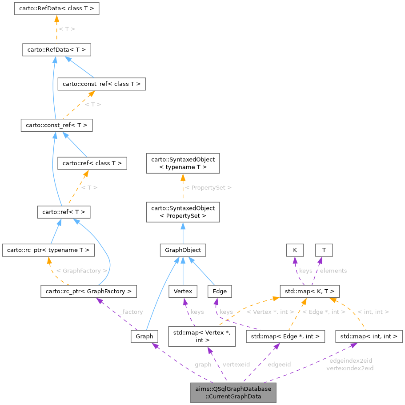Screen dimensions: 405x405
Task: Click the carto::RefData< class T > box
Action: click(56, 8)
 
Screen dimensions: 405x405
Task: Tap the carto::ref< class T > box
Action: click(92, 163)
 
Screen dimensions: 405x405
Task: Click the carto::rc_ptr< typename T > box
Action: click(48, 250)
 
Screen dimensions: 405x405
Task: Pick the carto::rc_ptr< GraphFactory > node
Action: click(88, 292)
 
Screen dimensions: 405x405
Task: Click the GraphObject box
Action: click(183, 250)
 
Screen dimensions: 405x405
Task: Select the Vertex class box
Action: click(183, 292)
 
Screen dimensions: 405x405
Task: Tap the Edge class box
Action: click(220, 292)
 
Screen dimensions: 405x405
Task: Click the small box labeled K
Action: click(294, 250)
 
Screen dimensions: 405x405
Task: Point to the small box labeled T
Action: click(324, 250)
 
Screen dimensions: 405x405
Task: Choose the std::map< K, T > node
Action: click(310, 292)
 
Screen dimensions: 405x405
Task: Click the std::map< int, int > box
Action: click(369, 336)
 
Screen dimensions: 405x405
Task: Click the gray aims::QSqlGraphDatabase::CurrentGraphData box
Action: click(233, 393)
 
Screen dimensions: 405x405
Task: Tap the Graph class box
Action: click(144, 336)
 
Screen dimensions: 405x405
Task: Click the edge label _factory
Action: click(131, 312)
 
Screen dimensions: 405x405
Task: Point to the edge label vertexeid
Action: click(236, 364)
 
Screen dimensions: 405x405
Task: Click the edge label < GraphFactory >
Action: click(82, 270)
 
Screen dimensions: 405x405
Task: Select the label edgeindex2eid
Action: click(351, 360)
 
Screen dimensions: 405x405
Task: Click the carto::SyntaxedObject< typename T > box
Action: click(183, 163)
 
